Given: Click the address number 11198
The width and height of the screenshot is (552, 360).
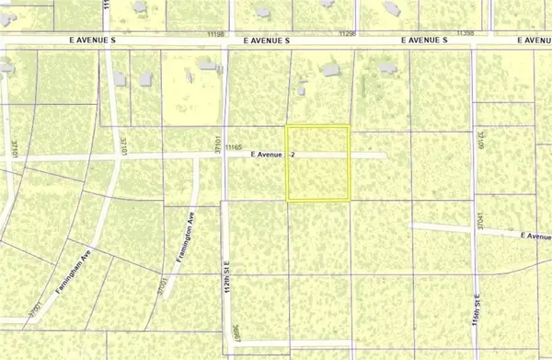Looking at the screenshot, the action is [x=216, y=33].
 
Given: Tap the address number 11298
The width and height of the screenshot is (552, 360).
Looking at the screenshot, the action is [x=347, y=33].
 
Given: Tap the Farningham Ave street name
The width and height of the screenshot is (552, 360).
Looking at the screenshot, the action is [x=75, y=269].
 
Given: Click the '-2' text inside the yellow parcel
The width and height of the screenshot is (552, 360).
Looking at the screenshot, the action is [x=293, y=156].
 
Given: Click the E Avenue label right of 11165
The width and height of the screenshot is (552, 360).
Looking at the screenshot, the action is [x=266, y=156].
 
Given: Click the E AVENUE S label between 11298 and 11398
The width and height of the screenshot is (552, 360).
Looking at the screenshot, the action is [x=423, y=41].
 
